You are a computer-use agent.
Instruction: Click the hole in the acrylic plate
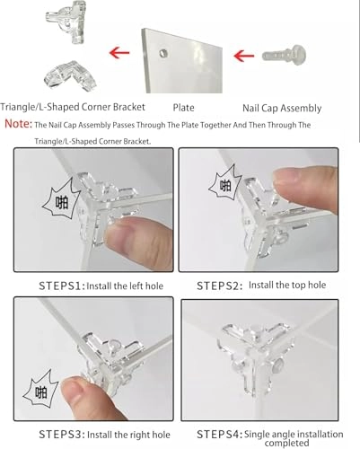[163, 54]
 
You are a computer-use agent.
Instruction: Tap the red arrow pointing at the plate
[244, 56]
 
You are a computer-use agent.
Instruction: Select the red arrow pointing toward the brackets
[119, 53]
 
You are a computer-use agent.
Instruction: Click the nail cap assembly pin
[284, 55]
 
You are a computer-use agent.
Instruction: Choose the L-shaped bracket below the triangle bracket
[71, 75]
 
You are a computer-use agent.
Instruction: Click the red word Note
[18, 123]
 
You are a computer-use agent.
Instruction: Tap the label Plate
[183, 108]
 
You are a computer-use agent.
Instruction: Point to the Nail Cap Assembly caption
[282, 108]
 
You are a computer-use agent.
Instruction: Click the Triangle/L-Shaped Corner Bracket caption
[73, 107]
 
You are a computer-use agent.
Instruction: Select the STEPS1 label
[62, 286]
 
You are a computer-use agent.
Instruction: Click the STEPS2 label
[220, 286]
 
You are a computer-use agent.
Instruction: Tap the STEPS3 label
[62, 435]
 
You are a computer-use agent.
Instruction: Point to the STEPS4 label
[220, 435]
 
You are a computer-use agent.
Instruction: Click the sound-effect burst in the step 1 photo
[61, 198]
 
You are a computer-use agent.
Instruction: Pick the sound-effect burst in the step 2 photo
[224, 184]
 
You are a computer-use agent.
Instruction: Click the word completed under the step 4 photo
[286, 443]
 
